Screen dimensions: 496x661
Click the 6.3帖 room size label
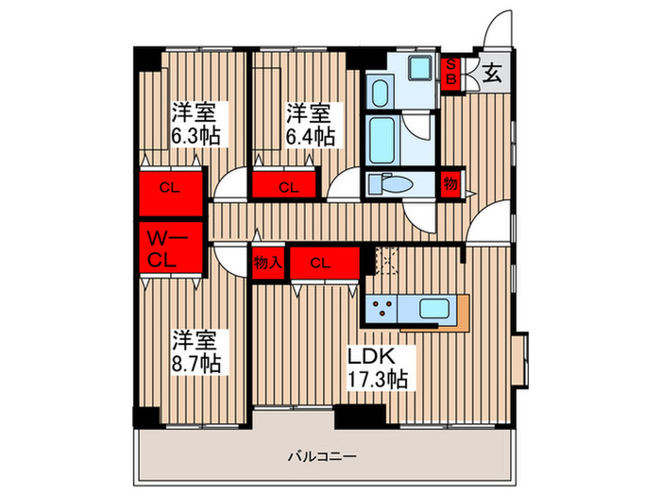(x=195, y=136)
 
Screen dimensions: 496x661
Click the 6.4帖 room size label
(x=310, y=136)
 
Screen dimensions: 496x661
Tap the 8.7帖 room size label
(x=196, y=363)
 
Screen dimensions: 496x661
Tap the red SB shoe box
(x=452, y=74)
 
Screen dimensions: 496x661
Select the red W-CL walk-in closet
(x=171, y=248)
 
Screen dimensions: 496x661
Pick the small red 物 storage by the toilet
(x=450, y=185)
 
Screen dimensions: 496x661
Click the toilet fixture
(x=385, y=184)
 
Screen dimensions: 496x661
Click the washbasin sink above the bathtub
(x=380, y=94)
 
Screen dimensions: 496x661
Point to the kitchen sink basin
(x=435, y=309)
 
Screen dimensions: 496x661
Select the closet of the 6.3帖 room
(x=171, y=187)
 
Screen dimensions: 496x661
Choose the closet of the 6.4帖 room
(x=287, y=187)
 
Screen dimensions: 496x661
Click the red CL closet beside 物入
(x=324, y=264)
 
